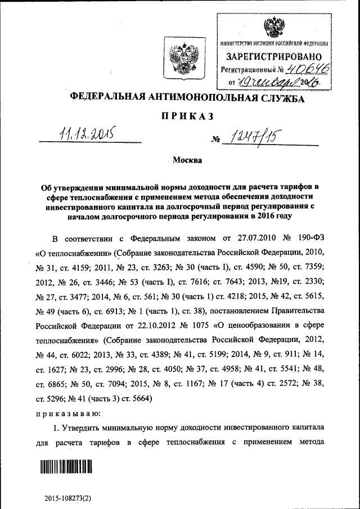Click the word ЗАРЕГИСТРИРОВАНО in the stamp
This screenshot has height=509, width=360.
pos(274,56)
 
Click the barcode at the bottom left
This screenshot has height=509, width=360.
pos(65,466)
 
